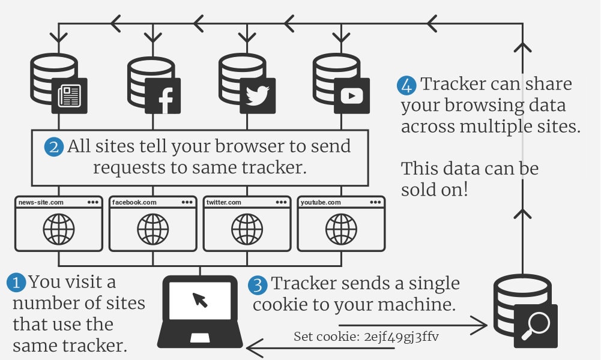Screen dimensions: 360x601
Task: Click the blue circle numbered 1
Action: pyautogui.click(x=17, y=282)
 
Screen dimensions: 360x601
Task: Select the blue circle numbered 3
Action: pyautogui.click(x=258, y=285)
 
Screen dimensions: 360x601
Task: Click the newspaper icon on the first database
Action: pyautogui.click(x=70, y=96)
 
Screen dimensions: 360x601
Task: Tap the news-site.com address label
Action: pyautogui.click(x=40, y=203)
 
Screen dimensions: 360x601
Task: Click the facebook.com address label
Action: pyautogui.click(x=134, y=203)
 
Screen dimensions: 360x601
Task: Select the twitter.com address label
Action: pyautogui.click(x=224, y=203)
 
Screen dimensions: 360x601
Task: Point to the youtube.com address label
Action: pyautogui.click(x=321, y=203)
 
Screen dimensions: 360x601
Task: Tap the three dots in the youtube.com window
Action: pyautogui.click(x=375, y=203)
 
